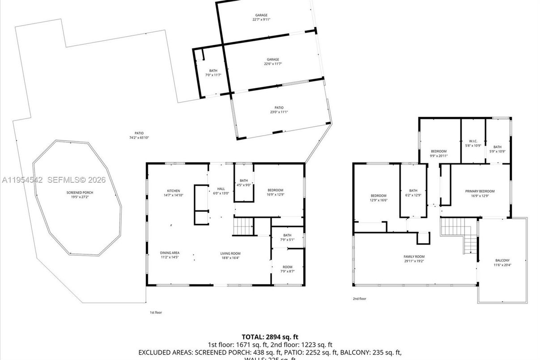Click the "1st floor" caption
tap(156, 313)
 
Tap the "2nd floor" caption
tap(359, 299)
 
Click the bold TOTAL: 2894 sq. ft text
tap(270, 337)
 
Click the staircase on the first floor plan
tap(242, 226)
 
